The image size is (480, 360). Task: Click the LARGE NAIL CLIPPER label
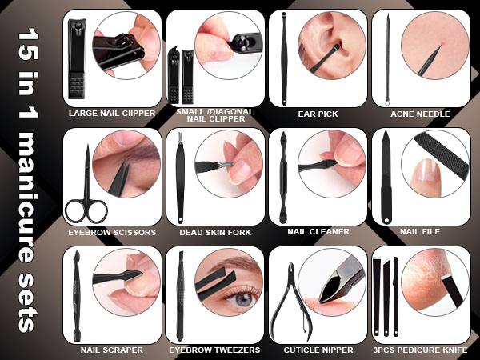112,114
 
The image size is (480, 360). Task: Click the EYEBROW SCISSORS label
112,232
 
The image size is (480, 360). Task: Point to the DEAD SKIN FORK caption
215,232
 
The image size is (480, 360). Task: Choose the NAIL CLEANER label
318,232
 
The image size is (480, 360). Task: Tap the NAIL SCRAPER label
112,350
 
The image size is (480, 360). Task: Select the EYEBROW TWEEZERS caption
215,350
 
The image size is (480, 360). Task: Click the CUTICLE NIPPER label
318,350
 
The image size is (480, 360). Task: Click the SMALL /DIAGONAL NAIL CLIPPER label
215,116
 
